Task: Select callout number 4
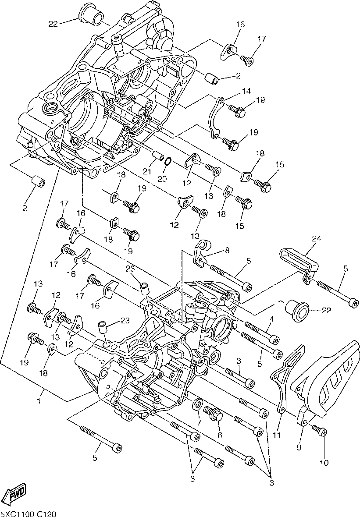[x=271, y=319]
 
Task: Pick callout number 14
[x=246, y=91]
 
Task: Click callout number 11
[x=277, y=435]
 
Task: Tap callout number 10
[x=324, y=463]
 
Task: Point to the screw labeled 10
[x=319, y=430]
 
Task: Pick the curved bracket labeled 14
[x=214, y=119]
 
